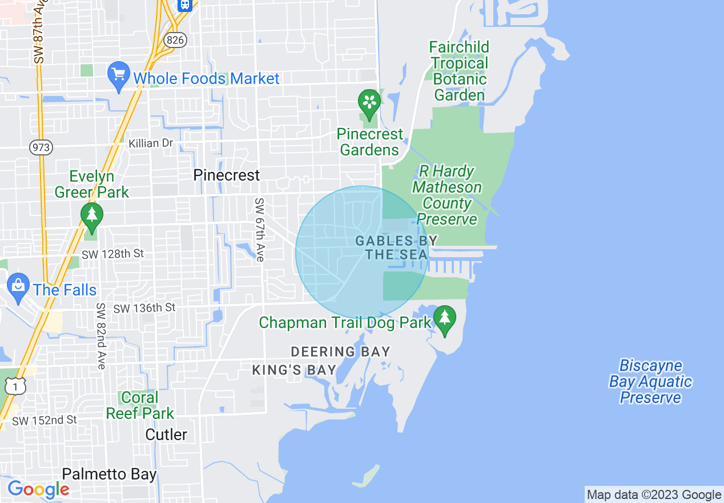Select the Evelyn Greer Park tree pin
[91, 215]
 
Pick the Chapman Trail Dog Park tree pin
[444, 319]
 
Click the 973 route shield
[41, 147]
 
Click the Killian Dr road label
[151, 143]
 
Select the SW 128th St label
[112, 254]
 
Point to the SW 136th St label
[144, 308]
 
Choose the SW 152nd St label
[45, 420]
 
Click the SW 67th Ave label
[260, 230]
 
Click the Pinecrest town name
[226, 175]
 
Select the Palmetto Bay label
[108, 474]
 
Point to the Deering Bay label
[340, 352]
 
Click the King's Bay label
[294, 370]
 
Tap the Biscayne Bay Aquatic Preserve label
[650, 381]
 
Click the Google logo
[38, 489]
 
